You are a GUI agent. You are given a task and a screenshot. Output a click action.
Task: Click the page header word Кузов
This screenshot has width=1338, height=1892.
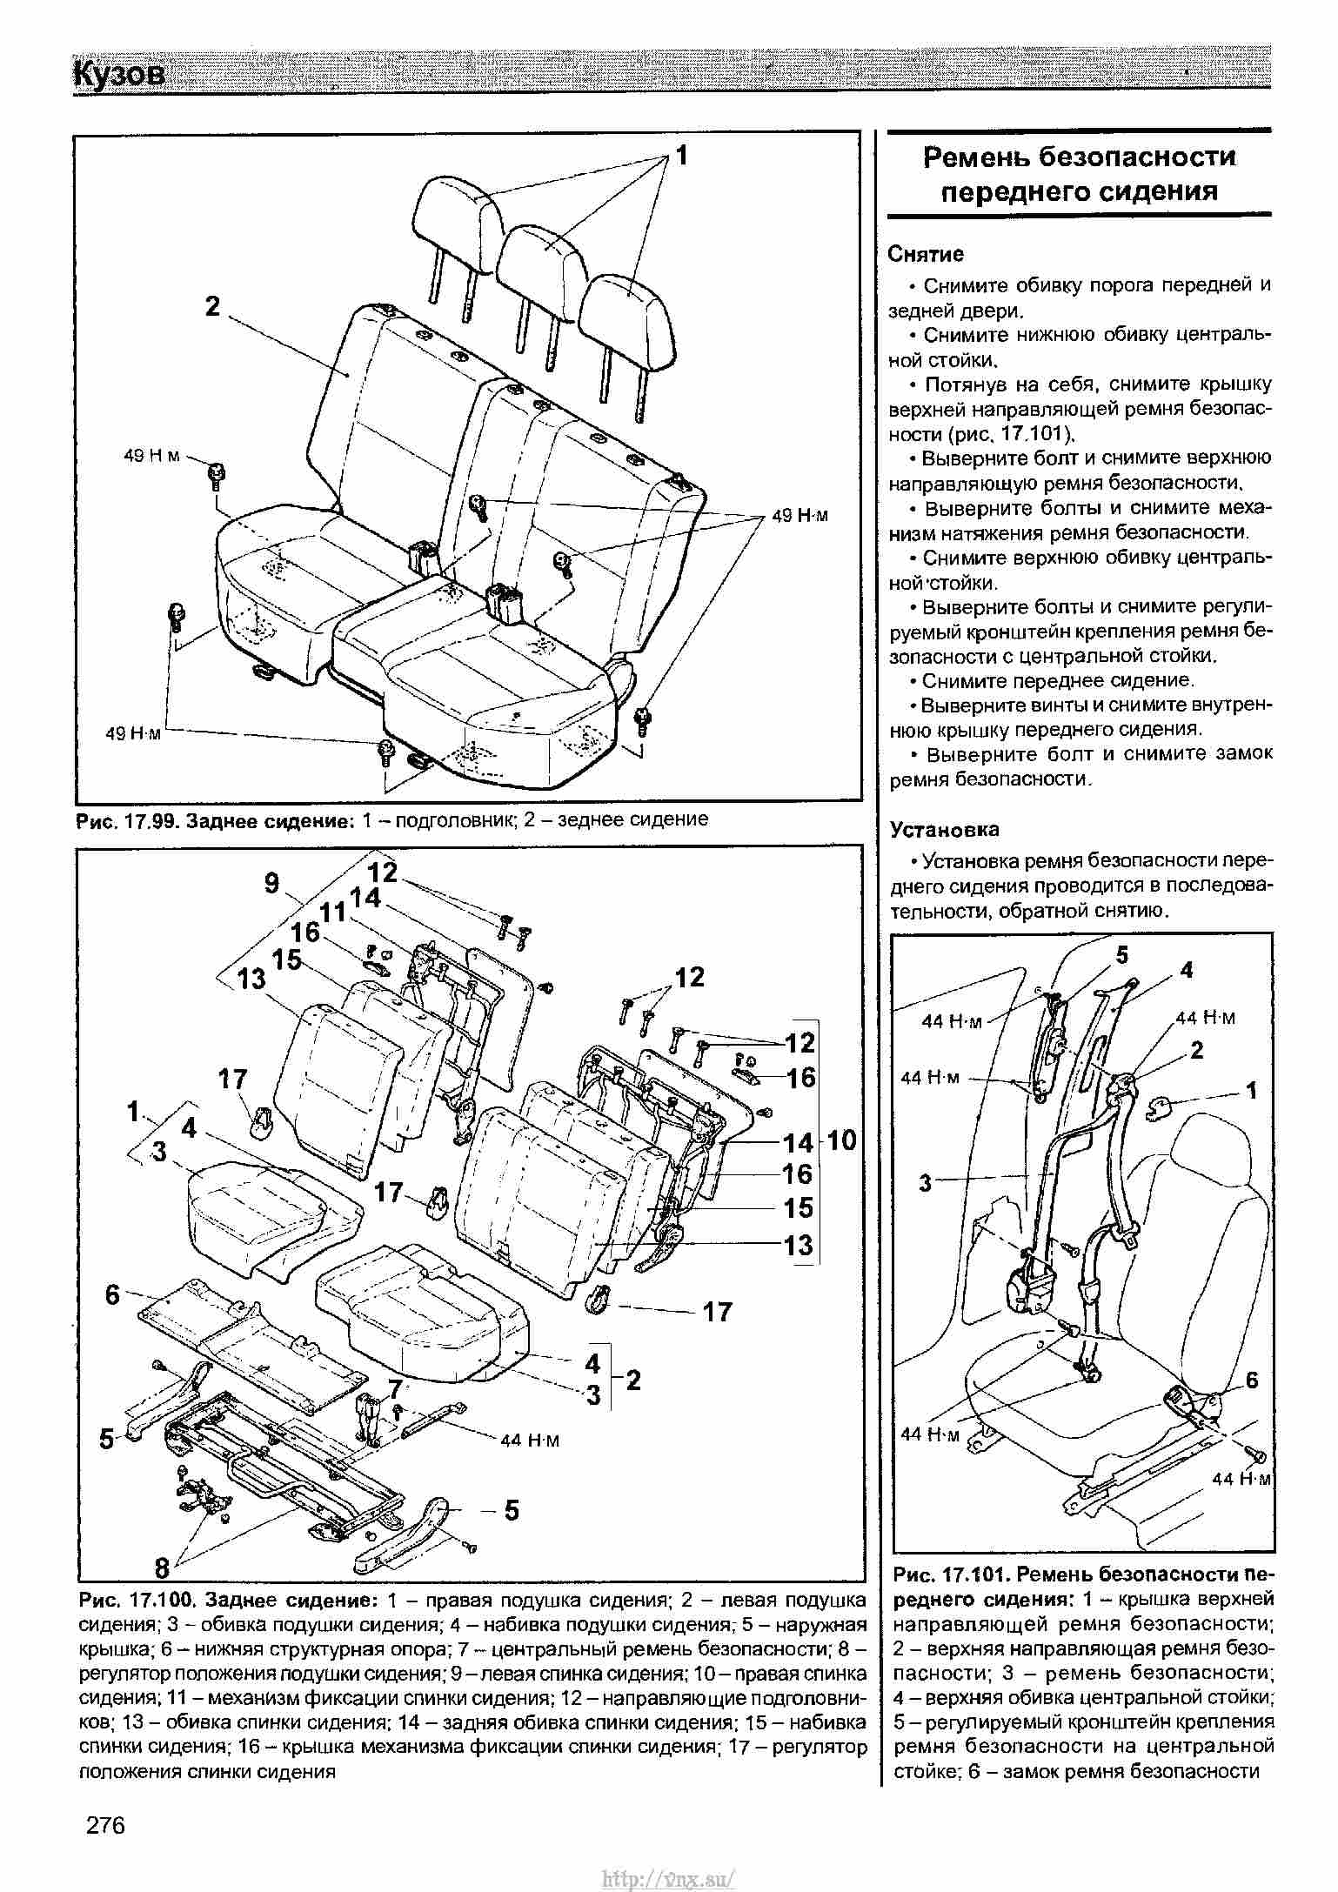119,75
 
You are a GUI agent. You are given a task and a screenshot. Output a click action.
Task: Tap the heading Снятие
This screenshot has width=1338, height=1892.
926,254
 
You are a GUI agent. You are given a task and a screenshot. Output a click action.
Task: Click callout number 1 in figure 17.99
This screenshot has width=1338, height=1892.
682,156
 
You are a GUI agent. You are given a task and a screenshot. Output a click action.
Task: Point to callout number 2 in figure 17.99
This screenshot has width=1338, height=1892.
212,306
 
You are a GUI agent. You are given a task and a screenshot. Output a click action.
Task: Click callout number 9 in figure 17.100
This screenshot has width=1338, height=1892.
272,883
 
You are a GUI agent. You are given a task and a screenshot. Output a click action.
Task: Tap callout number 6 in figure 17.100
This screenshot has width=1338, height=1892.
112,1294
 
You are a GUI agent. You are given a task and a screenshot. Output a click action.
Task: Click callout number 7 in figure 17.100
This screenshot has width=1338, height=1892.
396,1388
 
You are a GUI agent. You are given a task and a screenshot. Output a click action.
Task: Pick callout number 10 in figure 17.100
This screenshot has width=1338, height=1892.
841,1140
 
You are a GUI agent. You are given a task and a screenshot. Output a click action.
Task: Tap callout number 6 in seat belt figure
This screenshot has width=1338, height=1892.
1251,1380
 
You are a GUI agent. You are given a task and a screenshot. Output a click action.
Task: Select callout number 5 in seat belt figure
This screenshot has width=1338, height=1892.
1121,955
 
